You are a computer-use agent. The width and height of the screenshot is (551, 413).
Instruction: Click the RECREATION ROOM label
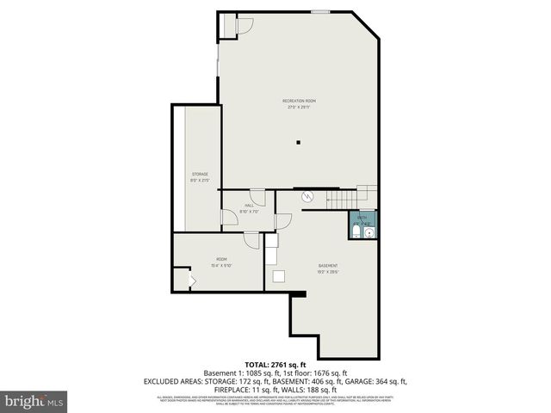pos(299,102)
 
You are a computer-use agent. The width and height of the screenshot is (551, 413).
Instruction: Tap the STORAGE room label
pos(200,175)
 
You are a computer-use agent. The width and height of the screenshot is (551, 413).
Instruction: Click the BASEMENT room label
pos(327,265)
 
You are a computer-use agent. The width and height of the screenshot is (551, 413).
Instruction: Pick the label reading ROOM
pos(221,259)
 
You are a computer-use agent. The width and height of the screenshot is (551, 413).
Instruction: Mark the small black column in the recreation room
pos(298,142)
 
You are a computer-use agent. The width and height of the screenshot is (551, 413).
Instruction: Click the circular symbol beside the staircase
pos(307,197)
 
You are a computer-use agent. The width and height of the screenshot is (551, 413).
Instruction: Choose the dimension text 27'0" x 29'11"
pos(299,108)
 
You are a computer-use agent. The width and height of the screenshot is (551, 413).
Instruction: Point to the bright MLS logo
pos(34,400)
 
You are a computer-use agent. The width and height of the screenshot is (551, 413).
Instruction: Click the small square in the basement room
pos(279,275)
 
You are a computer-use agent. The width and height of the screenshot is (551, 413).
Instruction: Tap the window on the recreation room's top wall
pos(319,12)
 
